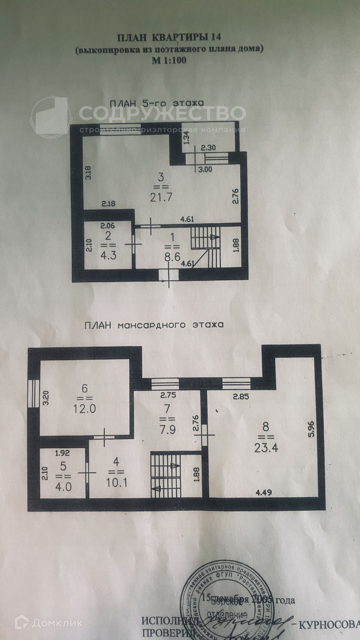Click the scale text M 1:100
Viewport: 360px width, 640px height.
(x=169, y=60)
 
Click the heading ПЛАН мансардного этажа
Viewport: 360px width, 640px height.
(x=154, y=325)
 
